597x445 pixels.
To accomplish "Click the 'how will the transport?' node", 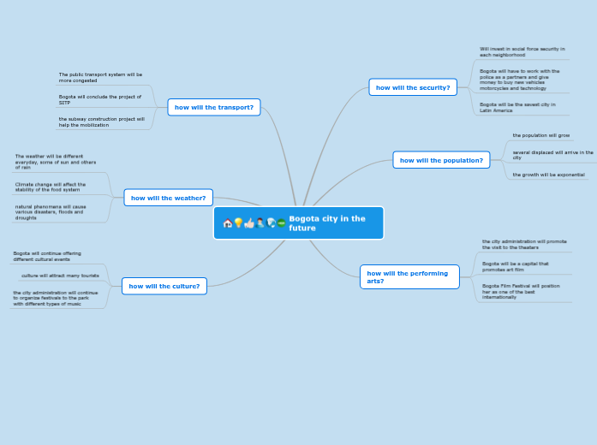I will point(213,107).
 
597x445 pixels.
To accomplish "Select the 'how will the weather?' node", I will point(168,198).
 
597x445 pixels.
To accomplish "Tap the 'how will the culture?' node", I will point(164,286).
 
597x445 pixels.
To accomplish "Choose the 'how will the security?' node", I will point(412,87).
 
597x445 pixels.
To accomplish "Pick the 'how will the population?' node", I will point(440,160).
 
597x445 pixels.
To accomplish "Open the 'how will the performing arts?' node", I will point(409,276).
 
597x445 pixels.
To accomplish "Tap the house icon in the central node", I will point(228,223).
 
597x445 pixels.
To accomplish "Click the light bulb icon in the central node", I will point(238,223).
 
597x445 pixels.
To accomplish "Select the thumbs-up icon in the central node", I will point(249,223).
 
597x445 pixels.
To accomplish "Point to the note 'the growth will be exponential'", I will point(548,175).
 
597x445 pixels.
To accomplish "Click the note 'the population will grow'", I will point(540,135).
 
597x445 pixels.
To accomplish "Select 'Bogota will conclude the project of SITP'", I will point(100,99).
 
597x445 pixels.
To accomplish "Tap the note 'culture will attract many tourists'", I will point(60,276).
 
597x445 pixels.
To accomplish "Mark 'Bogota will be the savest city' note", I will point(517,107).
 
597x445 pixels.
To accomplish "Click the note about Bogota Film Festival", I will point(521,291).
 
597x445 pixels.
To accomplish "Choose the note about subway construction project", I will point(101,122).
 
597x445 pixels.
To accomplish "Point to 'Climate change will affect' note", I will point(51,187).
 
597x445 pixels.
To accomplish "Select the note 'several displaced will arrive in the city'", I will point(552,155).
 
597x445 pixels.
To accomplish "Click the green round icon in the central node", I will point(281,223).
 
